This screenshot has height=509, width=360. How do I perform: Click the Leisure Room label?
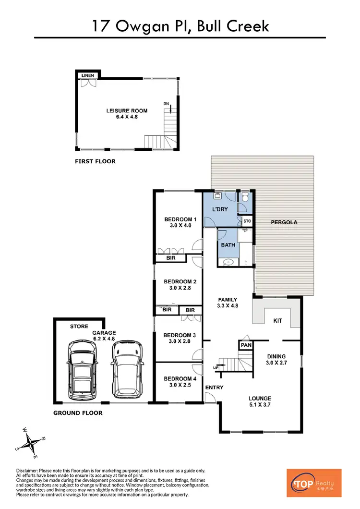pos(127,113)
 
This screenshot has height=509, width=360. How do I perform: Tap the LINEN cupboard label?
pos(87,75)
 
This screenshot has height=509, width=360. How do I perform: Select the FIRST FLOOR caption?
pos(95,161)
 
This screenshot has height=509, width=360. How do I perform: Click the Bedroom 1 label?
pos(178,222)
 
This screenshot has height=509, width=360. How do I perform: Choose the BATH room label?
pos(228,245)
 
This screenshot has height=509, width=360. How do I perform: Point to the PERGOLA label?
pos(284,222)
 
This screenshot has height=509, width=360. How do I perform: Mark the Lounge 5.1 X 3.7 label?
pos(260,401)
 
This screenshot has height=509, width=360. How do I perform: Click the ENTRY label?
pos(214,388)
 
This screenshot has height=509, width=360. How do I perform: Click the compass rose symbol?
pos(32,440)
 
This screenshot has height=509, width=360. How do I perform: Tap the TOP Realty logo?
pos(313,483)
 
